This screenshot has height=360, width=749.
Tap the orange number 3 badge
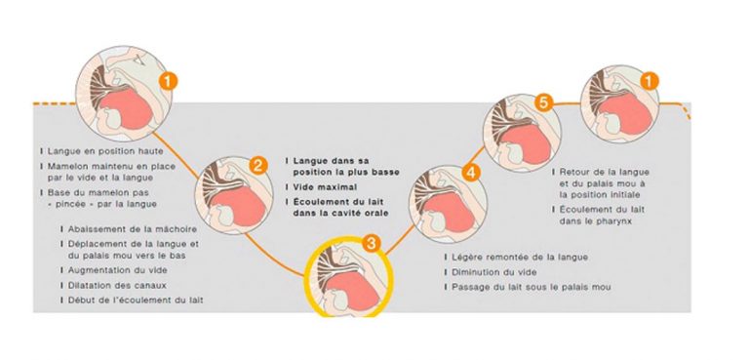pos(370,240)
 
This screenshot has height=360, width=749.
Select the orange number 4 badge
pos(471,172)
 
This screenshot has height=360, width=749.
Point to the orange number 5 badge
pos(543,101)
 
